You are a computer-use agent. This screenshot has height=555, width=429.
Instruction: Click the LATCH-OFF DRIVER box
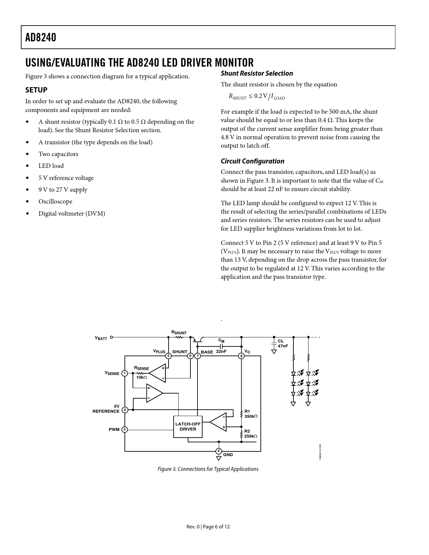(188, 427)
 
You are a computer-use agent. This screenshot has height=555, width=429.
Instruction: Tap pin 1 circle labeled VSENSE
(124, 373)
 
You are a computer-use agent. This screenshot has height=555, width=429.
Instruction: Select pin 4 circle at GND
(218, 451)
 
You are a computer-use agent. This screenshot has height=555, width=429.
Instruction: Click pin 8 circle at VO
(241, 356)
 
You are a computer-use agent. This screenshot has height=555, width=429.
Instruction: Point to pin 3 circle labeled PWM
(124, 430)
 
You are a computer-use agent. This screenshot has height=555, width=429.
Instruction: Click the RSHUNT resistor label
(179, 333)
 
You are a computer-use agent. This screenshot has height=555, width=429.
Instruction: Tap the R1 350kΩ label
(251, 414)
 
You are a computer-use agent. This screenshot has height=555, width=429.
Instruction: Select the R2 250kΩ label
(251, 434)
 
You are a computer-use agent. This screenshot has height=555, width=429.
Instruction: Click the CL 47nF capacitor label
(283, 343)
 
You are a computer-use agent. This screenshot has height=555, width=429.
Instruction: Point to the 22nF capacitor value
(221, 351)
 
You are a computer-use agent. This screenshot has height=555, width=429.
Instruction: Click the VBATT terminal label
(101, 338)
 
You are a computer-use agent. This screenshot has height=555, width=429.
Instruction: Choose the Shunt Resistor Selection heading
(257, 73)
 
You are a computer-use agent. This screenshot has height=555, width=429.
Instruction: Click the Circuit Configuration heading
(252, 161)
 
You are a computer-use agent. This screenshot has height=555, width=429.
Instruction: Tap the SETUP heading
(36, 90)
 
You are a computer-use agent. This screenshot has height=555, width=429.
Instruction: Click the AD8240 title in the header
(41, 37)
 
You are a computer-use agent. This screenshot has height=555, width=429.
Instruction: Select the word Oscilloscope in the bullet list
(55, 201)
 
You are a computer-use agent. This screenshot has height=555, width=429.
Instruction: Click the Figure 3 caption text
(208, 469)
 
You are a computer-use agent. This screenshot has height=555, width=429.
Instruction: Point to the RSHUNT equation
(256, 97)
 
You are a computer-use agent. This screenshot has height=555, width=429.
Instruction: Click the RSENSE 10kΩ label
(141, 373)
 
